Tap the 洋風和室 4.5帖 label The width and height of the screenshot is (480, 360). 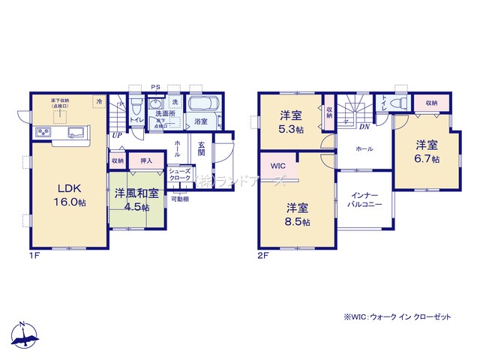[x=136, y=199]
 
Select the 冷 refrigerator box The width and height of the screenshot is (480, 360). [x=98, y=100]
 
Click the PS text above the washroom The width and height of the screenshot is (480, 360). [x=156, y=88]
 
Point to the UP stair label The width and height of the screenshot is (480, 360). [x=117, y=135]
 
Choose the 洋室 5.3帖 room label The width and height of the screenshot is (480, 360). [x=292, y=121]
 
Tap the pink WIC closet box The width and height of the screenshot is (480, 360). [x=278, y=166]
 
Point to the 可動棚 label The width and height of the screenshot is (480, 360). [x=179, y=199]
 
